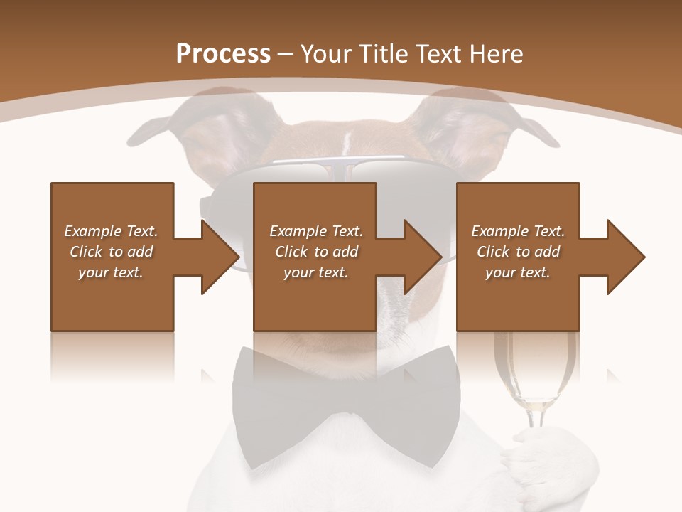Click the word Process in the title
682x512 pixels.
(223, 54)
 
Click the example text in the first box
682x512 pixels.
(112, 251)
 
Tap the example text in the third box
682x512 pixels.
(518, 251)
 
